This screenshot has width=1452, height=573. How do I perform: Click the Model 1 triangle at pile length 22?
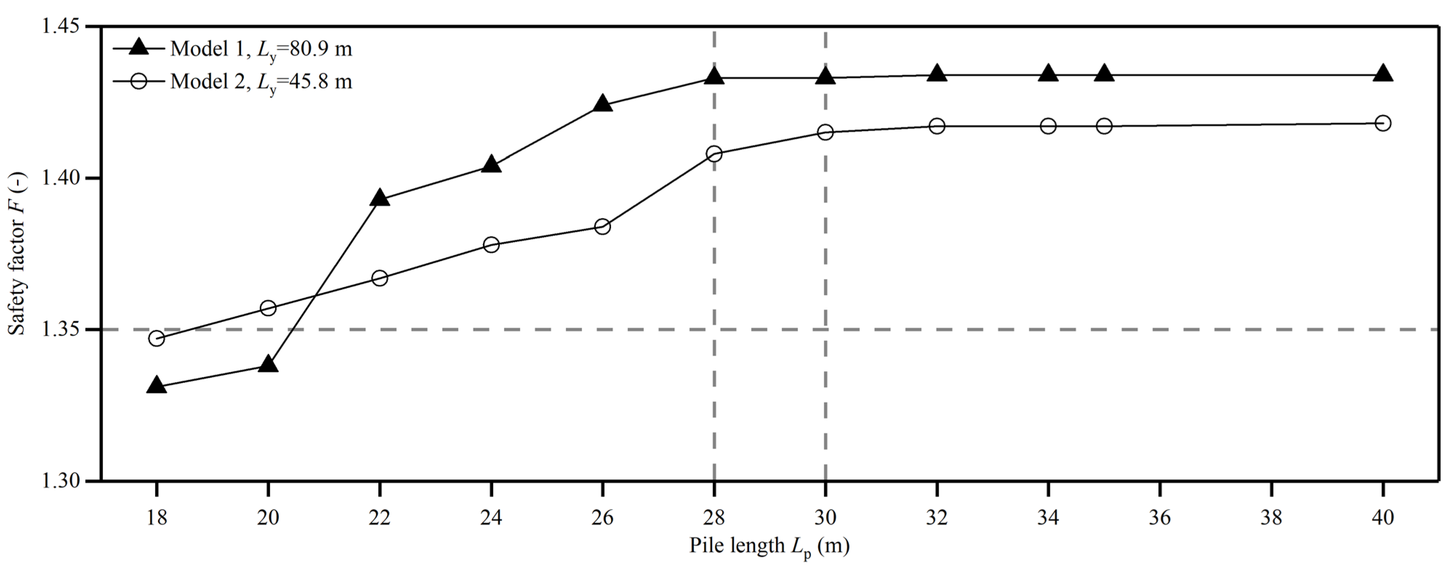tap(379, 198)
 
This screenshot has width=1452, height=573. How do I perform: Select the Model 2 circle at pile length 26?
tap(602, 226)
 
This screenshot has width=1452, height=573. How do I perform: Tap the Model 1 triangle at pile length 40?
tap(1383, 74)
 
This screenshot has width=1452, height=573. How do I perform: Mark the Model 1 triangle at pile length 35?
tap(1104, 74)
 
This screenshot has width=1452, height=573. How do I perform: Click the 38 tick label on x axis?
tap(1271, 517)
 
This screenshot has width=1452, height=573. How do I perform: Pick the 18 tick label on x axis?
tap(157, 517)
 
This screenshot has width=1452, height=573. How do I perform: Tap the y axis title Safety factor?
tap(17, 254)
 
